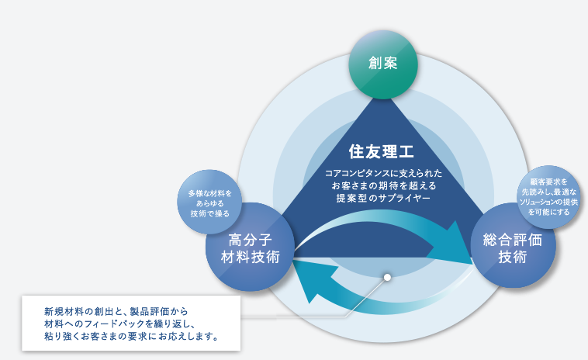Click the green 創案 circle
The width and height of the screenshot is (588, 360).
(383, 64)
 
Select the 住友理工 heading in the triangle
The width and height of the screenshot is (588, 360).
(382, 152)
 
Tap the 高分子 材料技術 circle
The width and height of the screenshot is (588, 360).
(250, 247)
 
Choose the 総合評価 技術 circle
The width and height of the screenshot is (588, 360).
(513, 246)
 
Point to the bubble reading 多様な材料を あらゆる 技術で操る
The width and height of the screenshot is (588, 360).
(209, 202)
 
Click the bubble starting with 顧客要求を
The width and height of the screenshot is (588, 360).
(548, 197)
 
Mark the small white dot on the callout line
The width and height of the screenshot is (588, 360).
(387, 277)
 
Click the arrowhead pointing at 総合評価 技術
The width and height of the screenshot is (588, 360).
(452, 243)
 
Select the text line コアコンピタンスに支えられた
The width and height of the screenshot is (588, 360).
(383, 173)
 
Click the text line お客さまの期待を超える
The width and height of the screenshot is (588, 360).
(383, 185)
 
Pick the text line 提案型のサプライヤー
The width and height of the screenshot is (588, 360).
(383, 198)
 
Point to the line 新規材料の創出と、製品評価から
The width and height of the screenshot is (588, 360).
(116, 311)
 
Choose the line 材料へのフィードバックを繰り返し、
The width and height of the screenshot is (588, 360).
(119, 324)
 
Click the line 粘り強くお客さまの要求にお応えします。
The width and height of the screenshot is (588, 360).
(131, 336)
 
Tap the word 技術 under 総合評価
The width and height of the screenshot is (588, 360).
(513, 258)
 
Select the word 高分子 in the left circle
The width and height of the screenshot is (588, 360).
(250, 240)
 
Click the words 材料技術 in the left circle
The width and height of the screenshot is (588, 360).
(250, 258)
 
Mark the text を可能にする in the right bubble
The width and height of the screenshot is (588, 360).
(548, 212)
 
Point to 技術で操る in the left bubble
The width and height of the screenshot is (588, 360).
(209, 213)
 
